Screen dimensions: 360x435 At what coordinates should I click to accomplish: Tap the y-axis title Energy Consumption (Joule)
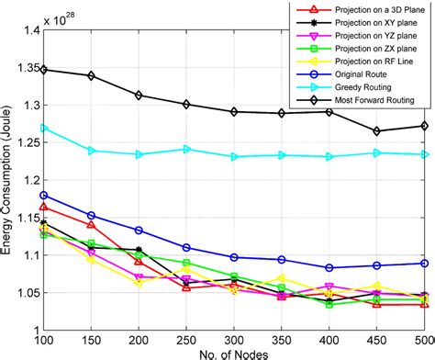(x=7, y=180)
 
